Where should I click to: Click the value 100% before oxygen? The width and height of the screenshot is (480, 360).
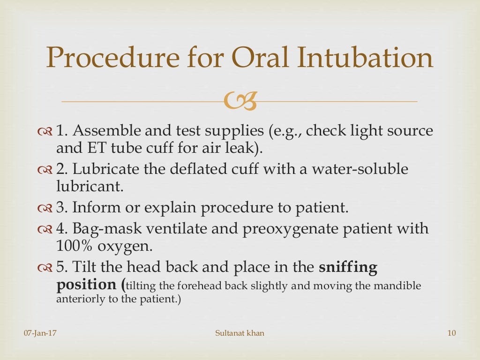(x=73, y=246)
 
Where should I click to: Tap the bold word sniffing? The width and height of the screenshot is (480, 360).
(x=348, y=267)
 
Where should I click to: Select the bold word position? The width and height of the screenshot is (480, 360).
(x=86, y=285)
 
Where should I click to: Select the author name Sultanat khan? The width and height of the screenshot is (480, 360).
(x=240, y=333)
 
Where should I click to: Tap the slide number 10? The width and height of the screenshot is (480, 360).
(x=452, y=333)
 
